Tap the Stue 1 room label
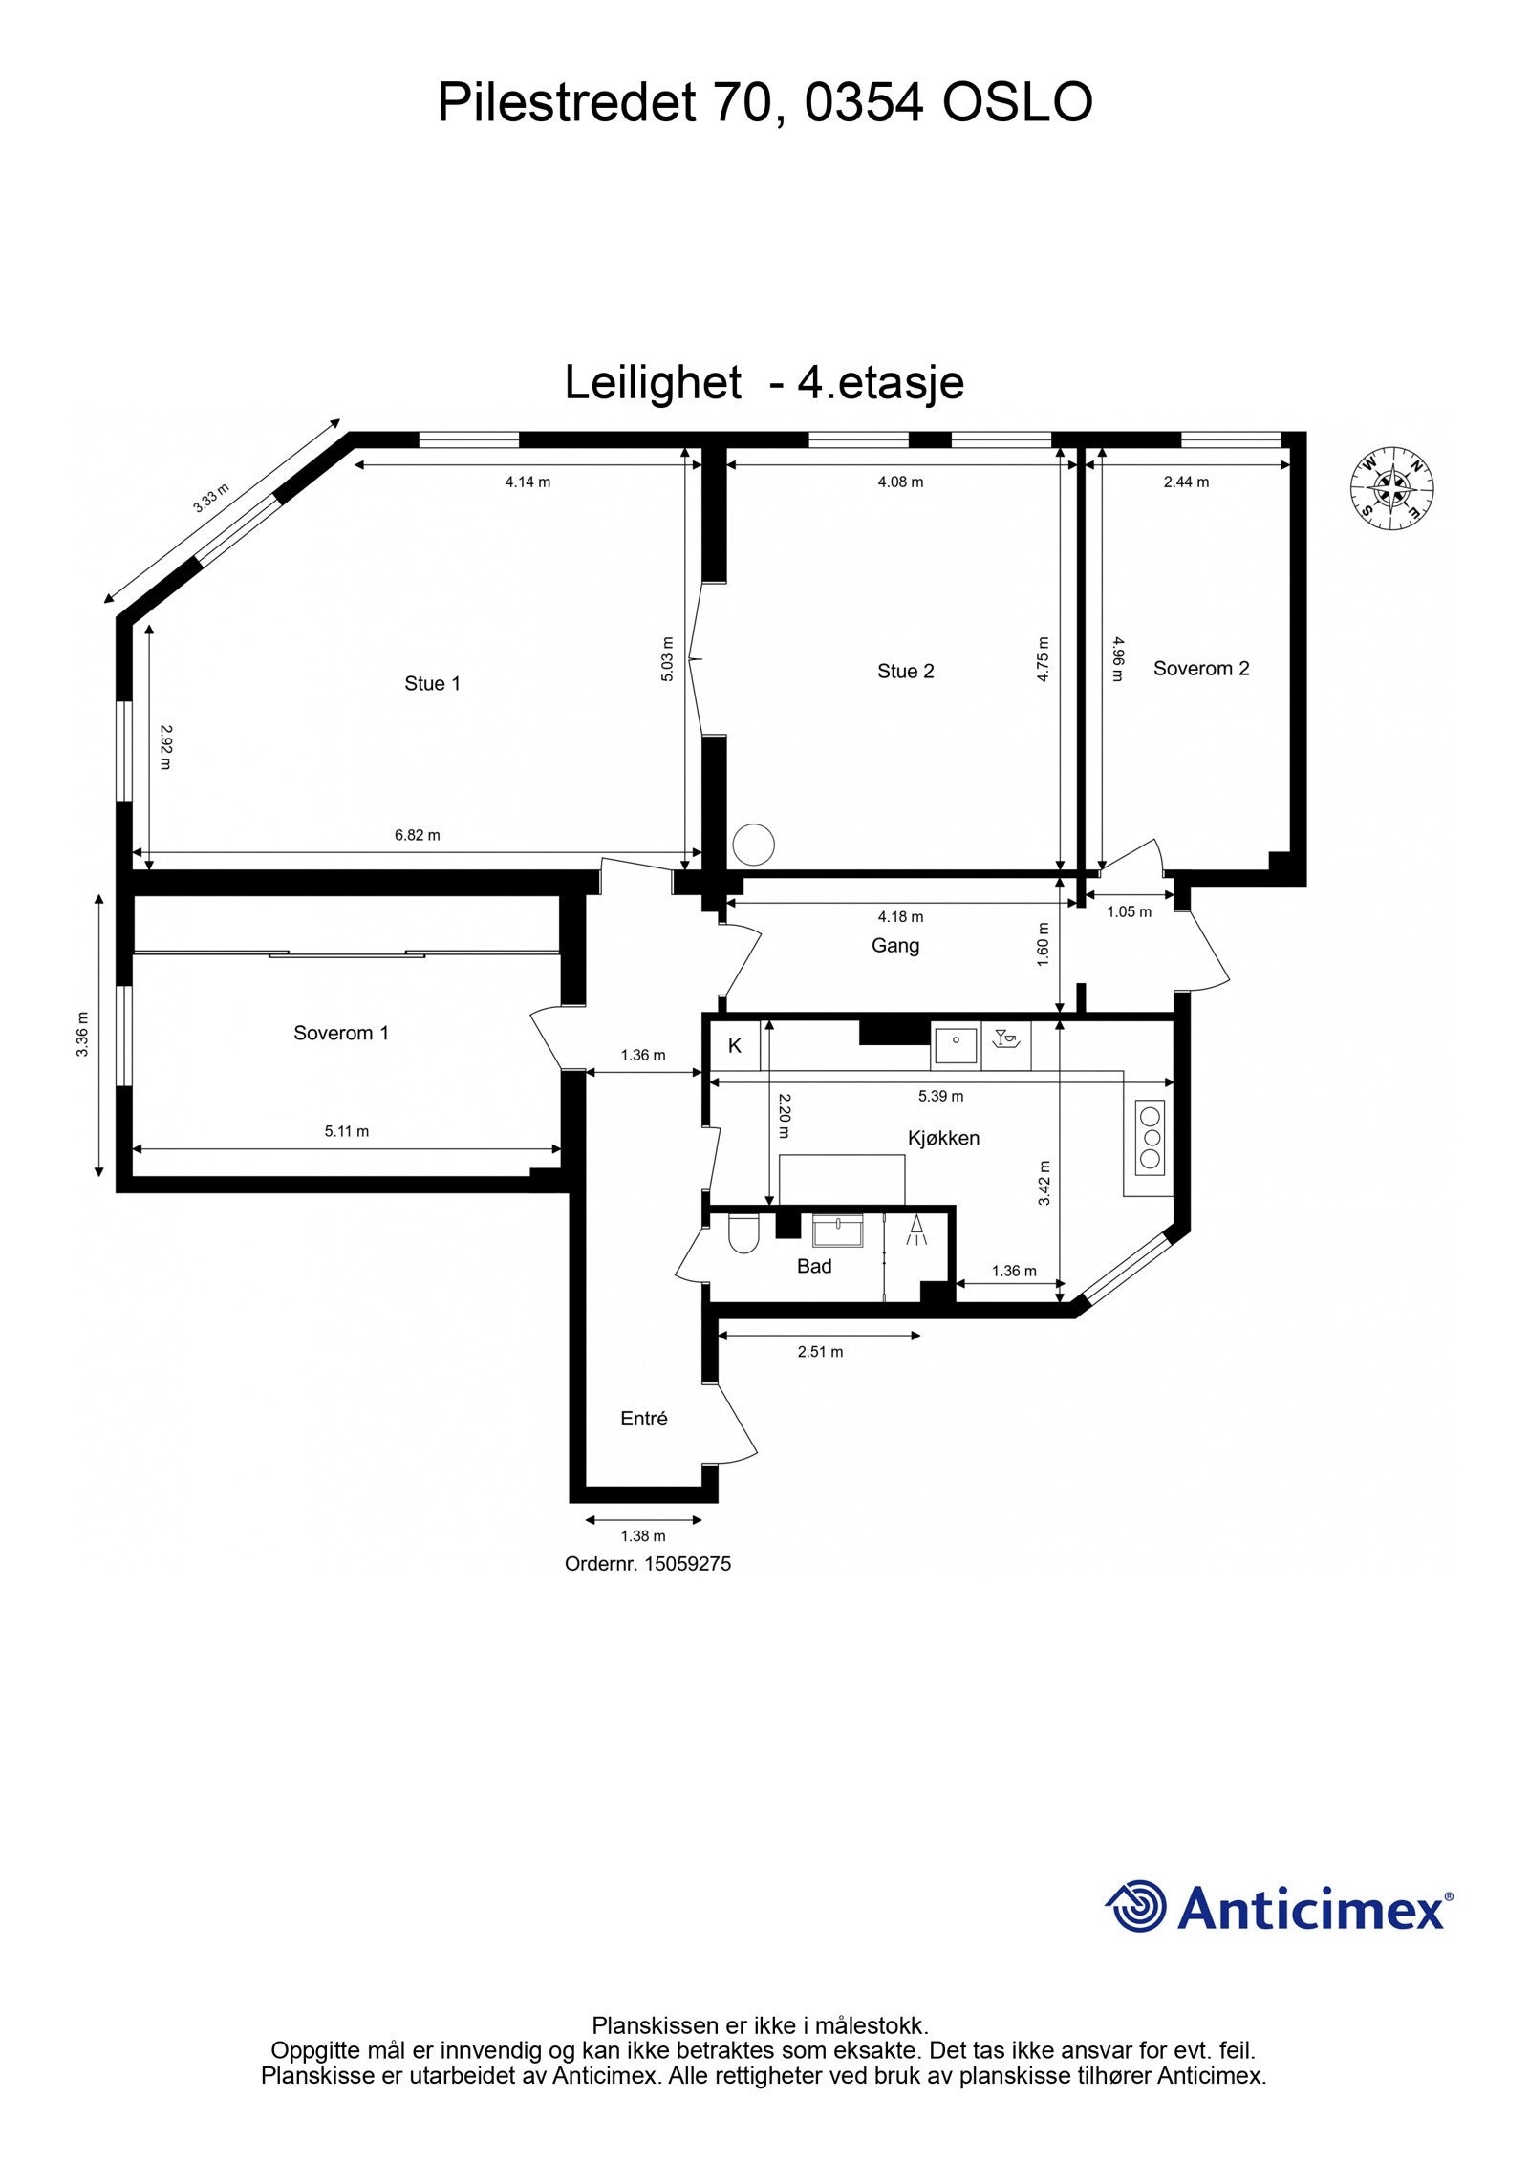pyautogui.click(x=432, y=683)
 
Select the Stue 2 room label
pyautogui.click(x=905, y=671)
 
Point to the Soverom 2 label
pyautogui.click(x=1200, y=668)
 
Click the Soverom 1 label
pyautogui.click(x=341, y=1033)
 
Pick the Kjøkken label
pyautogui.click(x=943, y=1138)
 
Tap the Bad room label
pyautogui.click(x=814, y=1266)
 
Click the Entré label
pyautogui.click(x=643, y=1419)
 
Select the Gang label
pyautogui.click(x=895, y=946)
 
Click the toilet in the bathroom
pyautogui.click(x=742, y=1233)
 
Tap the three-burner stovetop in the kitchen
pyautogui.click(x=1150, y=1138)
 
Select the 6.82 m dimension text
pyautogui.click(x=418, y=835)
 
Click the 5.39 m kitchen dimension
pyautogui.click(x=940, y=1096)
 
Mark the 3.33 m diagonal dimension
pyautogui.click(x=211, y=498)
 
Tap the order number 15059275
pyautogui.click(x=648, y=1564)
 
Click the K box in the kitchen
pyautogui.click(x=735, y=1045)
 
